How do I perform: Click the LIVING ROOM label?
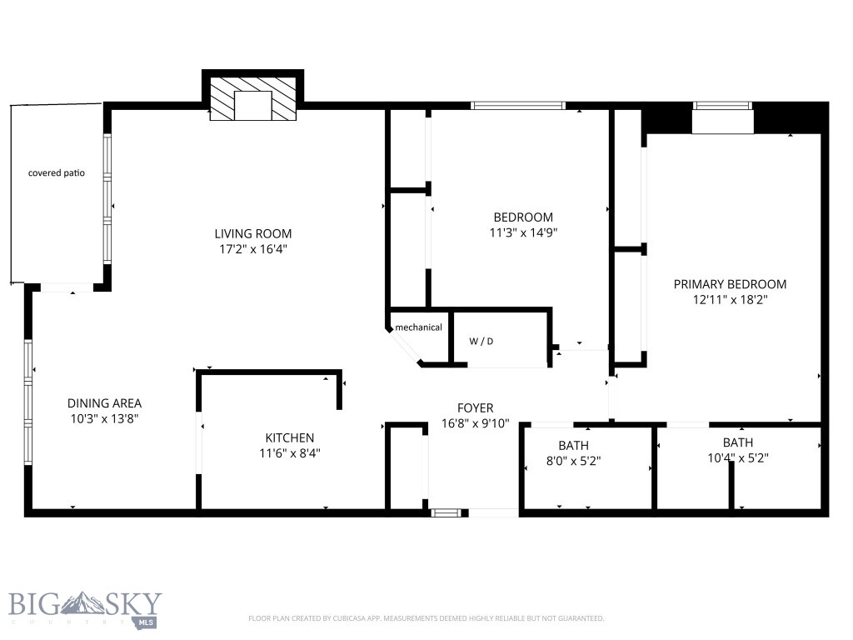253,233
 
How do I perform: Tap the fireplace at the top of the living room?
253,101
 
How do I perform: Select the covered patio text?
57,173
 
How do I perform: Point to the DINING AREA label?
104,403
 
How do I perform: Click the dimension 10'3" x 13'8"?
104,419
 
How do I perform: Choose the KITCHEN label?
289,437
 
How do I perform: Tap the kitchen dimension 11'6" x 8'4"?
289,453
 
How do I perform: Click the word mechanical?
418,327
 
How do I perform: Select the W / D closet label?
481,342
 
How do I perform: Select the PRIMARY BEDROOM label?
730,284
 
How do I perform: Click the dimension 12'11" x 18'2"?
730,300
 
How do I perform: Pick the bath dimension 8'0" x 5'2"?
573,461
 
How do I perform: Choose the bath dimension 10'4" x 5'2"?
737,458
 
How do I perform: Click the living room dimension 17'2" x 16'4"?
253,249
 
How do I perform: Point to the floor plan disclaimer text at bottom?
426,618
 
